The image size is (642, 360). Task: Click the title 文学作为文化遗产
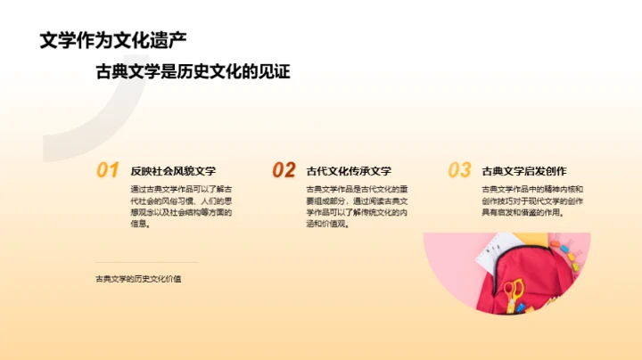click(113, 40)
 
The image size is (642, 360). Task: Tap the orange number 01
click(107, 170)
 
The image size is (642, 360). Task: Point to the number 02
click(284, 170)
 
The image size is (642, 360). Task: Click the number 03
click(459, 170)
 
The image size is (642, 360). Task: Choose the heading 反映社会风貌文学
click(173, 170)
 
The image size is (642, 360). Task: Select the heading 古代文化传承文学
click(349, 170)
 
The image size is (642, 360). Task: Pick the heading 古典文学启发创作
click(524, 170)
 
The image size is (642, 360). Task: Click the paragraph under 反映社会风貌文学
click(182, 207)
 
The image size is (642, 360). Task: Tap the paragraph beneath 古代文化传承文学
click(357, 207)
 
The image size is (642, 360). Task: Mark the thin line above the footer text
click(146, 262)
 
